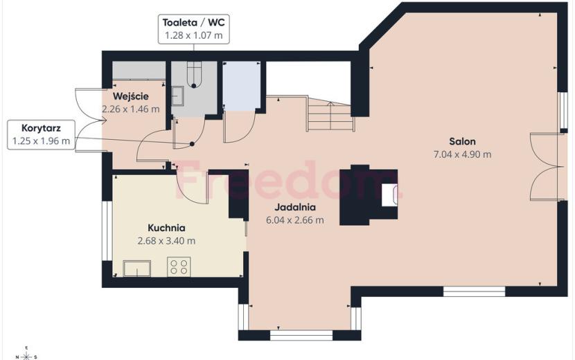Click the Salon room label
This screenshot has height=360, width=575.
coord(462,141)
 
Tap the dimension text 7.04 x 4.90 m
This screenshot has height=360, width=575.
coord(462,154)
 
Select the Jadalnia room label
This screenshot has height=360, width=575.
coord(295,207)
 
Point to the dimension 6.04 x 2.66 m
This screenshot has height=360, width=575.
coord(295,220)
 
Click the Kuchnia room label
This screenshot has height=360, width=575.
coord(166,228)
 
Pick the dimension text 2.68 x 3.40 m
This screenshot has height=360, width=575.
coord(166,241)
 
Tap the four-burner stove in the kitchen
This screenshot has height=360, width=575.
coord(179,267)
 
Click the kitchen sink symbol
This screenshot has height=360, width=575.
coord(136,269)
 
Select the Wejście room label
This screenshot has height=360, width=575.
coord(131,96)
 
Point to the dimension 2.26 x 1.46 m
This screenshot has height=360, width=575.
coord(131,109)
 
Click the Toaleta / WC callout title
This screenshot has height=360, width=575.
coord(193,23)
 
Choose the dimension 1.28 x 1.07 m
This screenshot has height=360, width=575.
coord(193,35)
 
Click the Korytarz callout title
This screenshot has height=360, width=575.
coord(41,128)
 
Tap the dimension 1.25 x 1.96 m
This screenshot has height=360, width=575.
coord(41,141)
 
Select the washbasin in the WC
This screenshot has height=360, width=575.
coord(178,96)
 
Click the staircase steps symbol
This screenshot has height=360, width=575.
coord(330,116)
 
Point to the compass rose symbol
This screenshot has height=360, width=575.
coord(26,355)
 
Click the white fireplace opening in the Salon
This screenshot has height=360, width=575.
coord(389,195)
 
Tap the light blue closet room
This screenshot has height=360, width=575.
coord(242,86)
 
